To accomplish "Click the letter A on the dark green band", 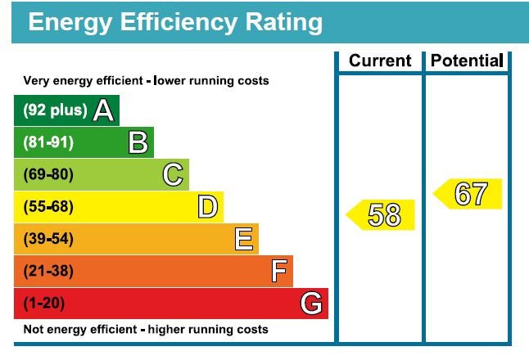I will click(x=103, y=110).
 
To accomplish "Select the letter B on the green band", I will click(x=138, y=143).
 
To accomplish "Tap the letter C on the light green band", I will click(x=173, y=175).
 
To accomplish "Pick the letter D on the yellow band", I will click(x=208, y=207).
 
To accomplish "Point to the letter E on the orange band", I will click(x=243, y=239).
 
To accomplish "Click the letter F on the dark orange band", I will click(x=278, y=271).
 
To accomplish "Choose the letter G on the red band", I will click(x=311, y=304).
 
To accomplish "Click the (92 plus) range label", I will click(x=54, y=110).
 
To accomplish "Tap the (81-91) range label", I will click(x=48, y=143).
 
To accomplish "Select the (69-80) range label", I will click(x=48, y=175).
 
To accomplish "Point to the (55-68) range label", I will click(x=48, y=207).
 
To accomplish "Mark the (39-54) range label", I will click(x=48, y=239).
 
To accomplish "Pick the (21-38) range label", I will click(x=48, y=271).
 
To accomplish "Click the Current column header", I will click(x=380, y=61).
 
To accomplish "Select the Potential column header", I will click(x=466, y=61).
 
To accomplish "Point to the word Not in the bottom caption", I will click(x=33, y=330).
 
